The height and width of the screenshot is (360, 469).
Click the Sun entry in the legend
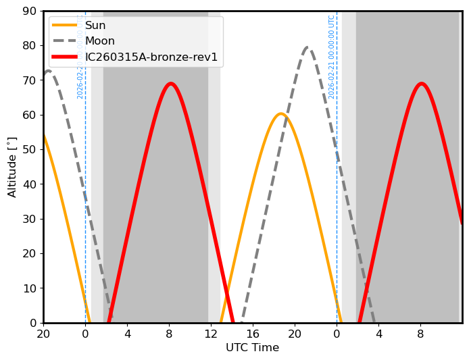pos(95,26)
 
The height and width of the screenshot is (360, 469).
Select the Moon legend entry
pos(99,41)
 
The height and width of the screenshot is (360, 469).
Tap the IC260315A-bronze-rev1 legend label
pos(151,57)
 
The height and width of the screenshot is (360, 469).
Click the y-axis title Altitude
pos(12,167)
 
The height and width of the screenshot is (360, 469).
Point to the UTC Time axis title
pos(252,348)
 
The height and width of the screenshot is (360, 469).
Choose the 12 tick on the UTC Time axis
pos(211,333)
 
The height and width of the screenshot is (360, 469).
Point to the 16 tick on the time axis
pos(253,333)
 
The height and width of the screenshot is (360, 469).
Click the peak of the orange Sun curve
pos(281,113)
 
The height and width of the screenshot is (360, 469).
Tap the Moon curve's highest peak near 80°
pos(307,47)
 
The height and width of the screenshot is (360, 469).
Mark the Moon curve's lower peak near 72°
pos(48,71)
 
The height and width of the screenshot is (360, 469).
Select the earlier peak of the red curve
pos(170,84)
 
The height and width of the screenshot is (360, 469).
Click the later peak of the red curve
pos(422,84)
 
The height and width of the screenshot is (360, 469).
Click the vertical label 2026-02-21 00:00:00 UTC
pos(332,57)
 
